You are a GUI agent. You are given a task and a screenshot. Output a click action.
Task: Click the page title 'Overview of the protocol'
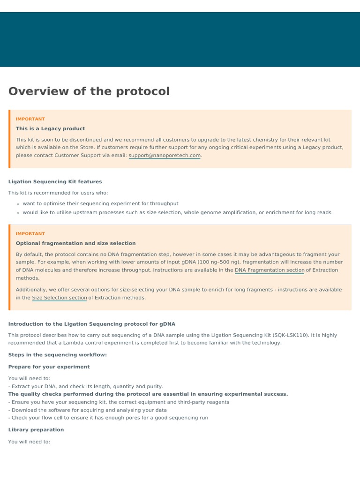pyautogui.click(x=89, y=91)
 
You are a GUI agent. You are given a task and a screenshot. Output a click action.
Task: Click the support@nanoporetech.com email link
pyautogui.click(x=165, y=155)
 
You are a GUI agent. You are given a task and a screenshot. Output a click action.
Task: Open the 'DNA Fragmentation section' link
pyautogui.click(x=269, y=270)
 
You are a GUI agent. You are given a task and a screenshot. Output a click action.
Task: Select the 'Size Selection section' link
pyautogui.click(x=59, y=298)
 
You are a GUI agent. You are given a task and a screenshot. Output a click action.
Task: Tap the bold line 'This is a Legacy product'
pyautogui.click(x=50, y=128)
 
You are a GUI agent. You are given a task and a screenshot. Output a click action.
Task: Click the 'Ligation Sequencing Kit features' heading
pyautogui.click(x=55, y=181)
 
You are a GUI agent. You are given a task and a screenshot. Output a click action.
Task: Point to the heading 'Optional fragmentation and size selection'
pyautogui.click(x=75, y=243)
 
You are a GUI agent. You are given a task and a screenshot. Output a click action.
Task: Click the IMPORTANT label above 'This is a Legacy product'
pyautogui.click(x=30, y=119)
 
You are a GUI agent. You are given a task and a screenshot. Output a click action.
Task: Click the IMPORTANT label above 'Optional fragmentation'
pyautogui.click(x=30, y=233)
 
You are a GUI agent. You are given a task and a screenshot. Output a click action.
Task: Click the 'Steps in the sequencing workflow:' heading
pyautogui.click(x=58, y=355)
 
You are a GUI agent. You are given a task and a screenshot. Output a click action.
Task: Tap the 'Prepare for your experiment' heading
pyautogui.click(x=49, y=367)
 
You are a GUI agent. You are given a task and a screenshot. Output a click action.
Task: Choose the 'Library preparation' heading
pyautogui.click(x=36, y=429)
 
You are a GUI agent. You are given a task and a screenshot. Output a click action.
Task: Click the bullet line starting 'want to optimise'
pyautogui.click(x=100, y=203)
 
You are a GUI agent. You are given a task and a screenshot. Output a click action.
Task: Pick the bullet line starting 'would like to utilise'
pyautogui.click(x=177, y=212)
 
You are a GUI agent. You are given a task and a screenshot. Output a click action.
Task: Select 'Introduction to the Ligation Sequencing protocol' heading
pyautogui.click(x=92, y=323)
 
